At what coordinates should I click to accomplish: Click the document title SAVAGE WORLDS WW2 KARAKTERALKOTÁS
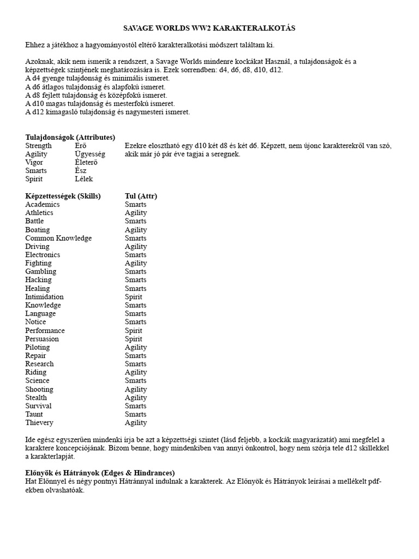click(209, 27)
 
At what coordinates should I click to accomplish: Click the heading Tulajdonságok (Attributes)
click(70, 137)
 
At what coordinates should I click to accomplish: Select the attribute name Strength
click(39, 146)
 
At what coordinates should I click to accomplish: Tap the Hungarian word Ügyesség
click(90, 154)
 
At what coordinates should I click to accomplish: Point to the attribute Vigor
click(34, 162)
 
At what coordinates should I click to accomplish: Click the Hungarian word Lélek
click(84, 179)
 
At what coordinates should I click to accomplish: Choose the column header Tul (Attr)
click(141, 196)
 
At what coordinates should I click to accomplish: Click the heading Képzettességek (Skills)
click(63, 196)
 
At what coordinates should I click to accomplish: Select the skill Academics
click(43, 204)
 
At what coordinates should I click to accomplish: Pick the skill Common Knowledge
click(58, 238)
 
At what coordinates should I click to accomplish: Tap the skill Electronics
click(43, 254)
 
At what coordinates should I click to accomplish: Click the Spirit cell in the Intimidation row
click(133, 296)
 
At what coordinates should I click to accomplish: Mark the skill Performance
click(45, 330)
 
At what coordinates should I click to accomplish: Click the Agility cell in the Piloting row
click(135, 347)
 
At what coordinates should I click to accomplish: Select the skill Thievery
click(39, 423)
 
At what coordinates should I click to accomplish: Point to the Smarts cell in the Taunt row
click(135, 414)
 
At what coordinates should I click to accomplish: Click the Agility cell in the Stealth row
click(135, 397)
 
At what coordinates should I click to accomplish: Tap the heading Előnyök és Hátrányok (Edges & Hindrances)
click(100, 472)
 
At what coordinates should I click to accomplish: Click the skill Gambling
click(40, 271)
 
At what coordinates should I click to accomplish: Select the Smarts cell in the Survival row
click(135, 406)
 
